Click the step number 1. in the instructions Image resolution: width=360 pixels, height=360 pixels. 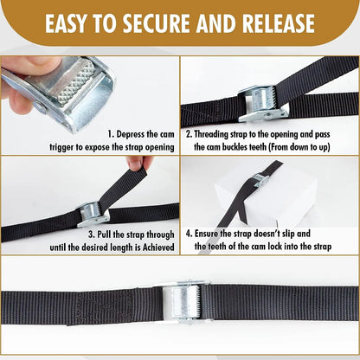(x=111, y=134)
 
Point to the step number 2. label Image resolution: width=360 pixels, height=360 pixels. (x=187, y=134)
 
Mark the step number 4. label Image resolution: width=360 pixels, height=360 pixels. (x=189, y=234)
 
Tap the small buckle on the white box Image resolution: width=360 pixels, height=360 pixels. (x=256, y=179)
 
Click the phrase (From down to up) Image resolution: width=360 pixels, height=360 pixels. (x=298, y=147)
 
